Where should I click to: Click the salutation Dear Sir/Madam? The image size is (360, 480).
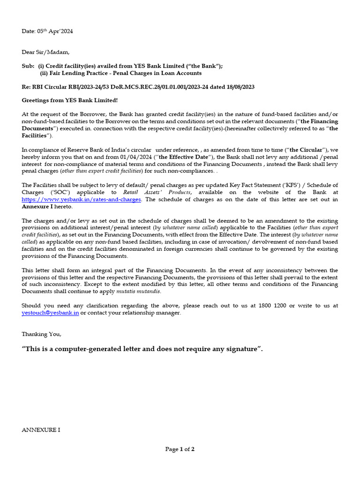click(x=45, y=52)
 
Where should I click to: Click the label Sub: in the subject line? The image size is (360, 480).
click(x=28, y=66)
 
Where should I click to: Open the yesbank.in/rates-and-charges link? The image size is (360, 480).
click(x=81, y=199)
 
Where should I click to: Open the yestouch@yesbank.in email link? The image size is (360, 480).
click(x=50, y=313)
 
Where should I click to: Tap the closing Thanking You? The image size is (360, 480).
click(x=41, y=334)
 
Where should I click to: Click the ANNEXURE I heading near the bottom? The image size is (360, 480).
click(x=41, y=429)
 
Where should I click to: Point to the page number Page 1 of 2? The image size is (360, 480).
click(x=180, y=449)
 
